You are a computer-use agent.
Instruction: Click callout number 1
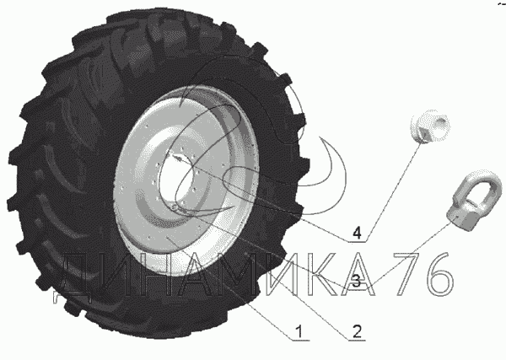click(x=299, y=331)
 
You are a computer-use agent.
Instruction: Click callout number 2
click(x=357, y=331)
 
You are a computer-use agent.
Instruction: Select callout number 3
click(x=356, y=281)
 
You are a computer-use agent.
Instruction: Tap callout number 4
click(x=357, y=233)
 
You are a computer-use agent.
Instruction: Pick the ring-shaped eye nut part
click(x=474, y=200)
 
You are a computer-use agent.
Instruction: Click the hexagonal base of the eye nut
click(x=462, y=218)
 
